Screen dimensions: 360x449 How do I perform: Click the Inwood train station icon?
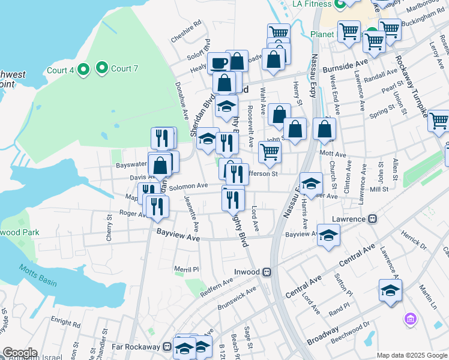pos(268,272)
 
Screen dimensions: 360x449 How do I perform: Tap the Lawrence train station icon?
pos(372,219)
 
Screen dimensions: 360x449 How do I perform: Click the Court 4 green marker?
pos(83,70)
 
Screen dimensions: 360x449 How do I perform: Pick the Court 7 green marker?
pos(102,68)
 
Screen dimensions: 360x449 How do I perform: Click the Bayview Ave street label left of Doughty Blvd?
pos(178,235)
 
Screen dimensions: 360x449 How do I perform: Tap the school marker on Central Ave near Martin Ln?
pos(390,290)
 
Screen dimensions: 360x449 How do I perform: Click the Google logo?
pos(19,353)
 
